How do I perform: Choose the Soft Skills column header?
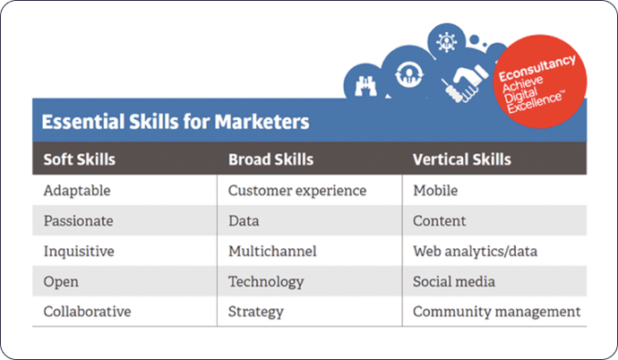pyautogui.click(x=80, y=160)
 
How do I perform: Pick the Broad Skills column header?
pyautogui.click(x=270, y=160)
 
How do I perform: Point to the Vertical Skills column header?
pyautogui.click(x=462, y=160)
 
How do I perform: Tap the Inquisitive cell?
pyautogui.click(x=77, y=252)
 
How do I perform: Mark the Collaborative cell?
pyautogui.click(x=87, y=312)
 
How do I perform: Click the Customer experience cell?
pyautogui.click(x=296, y=191)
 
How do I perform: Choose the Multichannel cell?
pyautogui.click(x=272, y=252)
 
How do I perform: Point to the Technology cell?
pyautogui.click(x=266, y=282)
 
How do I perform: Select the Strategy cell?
pyautogui.click(x=256, y=312)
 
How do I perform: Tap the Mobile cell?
pyautogui.click(x=435, y=191)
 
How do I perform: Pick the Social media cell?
pyautogui.click(x=453, y=282)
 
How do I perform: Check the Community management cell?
pyautogui.click(x=496, y=312)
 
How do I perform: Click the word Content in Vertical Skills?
pyautogui.click(x=439, y=221)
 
